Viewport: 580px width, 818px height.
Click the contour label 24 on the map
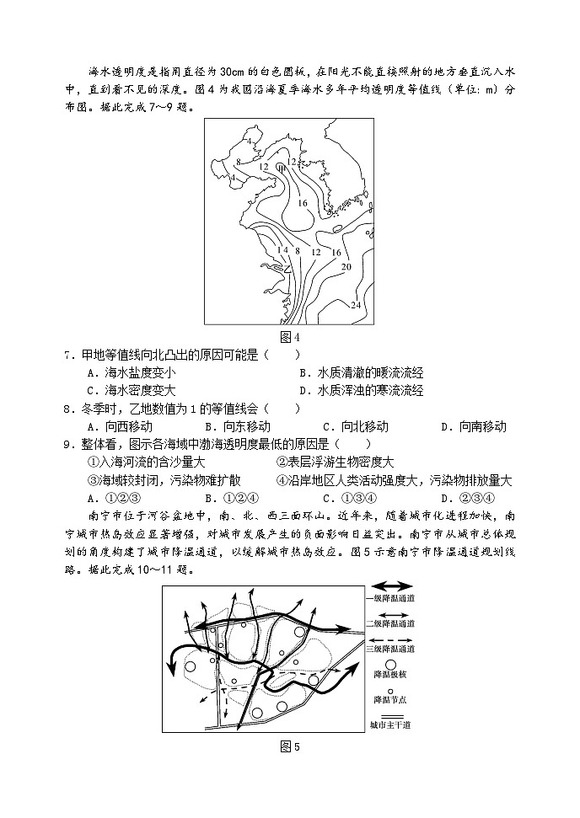pos(355,304)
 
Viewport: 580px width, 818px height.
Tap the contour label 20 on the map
pos(346,266)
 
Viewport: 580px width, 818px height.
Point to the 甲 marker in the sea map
pos(282,168)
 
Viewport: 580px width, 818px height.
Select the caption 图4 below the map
pos(289,337)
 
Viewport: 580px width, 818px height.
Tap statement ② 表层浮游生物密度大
pos(335,462)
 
